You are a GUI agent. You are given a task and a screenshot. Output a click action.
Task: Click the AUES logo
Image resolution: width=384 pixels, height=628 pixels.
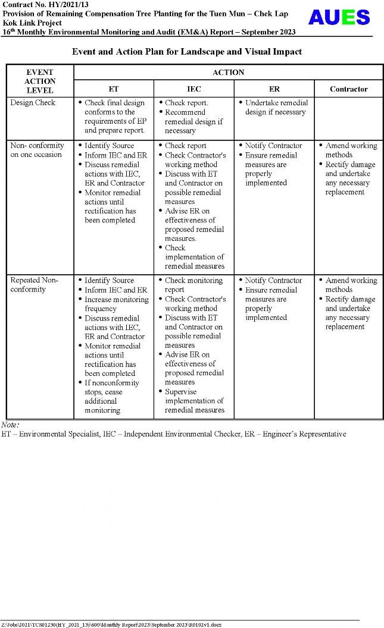(x=339, y=17)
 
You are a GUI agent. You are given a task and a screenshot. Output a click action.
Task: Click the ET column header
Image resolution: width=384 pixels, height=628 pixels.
(x=113, y=89)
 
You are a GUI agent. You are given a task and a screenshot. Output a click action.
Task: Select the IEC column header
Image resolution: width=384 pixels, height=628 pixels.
(x=193, y=89)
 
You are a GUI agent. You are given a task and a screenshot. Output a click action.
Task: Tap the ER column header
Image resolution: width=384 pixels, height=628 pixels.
(x=274, y=89)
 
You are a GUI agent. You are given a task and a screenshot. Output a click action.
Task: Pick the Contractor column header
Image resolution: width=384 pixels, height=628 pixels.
(x=348, y=89)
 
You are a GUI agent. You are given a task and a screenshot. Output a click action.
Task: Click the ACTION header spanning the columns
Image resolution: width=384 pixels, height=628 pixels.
(x=228, y=73)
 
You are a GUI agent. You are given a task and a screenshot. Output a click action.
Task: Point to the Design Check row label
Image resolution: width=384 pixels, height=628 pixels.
(x=33, y=103)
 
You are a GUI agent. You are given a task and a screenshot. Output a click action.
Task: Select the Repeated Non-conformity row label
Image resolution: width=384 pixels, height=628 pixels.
(x=35, y=285)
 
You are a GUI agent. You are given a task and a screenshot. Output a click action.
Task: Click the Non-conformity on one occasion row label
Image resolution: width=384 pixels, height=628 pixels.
(x=37, y=150)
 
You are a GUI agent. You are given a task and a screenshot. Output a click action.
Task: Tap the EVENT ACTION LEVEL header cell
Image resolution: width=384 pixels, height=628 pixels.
(x=40, y=81)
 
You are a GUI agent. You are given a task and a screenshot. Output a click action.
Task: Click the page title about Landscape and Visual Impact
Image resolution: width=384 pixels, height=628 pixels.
(x=187, y=52)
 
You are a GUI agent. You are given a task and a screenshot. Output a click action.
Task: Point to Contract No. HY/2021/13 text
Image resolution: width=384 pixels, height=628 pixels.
(x=40, y=5)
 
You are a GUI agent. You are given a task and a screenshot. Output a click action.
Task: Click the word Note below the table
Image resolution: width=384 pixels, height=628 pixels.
(x=10, y=425)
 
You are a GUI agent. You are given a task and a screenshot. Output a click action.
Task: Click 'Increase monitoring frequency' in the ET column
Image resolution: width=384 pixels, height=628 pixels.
(x=116, y=304)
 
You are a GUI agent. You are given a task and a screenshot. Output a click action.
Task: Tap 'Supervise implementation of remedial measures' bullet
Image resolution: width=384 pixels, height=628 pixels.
(x=194, y=401)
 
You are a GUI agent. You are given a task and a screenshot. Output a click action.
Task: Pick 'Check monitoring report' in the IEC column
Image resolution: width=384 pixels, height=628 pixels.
(x=193, y=285)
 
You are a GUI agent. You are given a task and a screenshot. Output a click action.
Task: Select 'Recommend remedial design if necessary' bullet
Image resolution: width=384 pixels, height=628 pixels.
(x=193, y=121)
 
